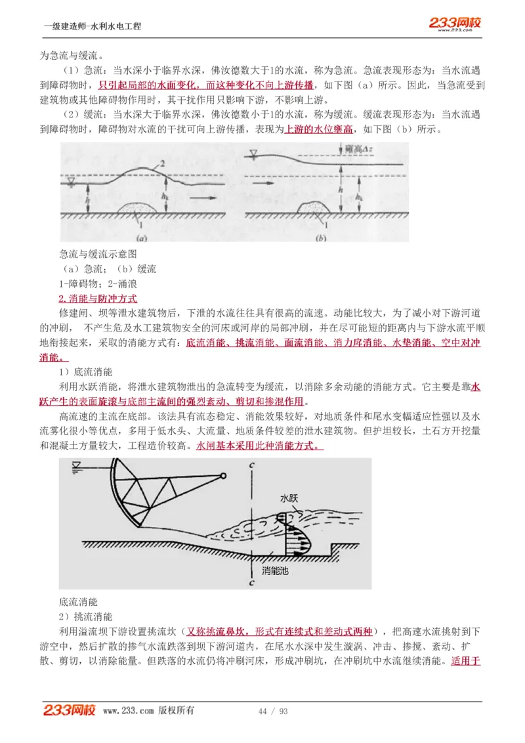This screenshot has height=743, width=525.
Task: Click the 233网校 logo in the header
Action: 455,24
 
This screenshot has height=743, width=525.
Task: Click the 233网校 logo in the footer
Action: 70,710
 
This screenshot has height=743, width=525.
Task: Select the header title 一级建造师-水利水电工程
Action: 93,26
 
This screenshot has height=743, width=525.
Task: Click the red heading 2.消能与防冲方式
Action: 98,298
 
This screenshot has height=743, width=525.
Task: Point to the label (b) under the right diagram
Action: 320,239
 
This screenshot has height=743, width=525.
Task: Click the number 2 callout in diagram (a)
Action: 161,162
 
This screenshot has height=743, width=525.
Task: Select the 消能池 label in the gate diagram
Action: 275,570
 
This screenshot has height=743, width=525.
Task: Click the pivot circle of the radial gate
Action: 224,477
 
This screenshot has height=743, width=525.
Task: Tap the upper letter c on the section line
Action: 251,465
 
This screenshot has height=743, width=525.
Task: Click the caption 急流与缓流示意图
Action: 98,253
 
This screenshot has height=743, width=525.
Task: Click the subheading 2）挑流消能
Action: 85,616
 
